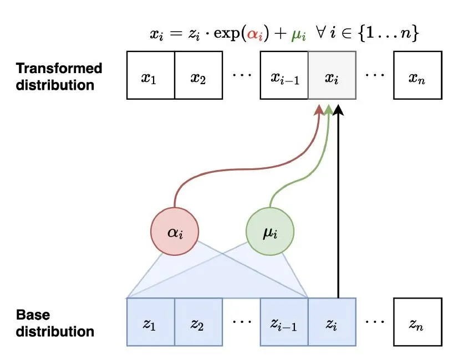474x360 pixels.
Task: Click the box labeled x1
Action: pos(150,75)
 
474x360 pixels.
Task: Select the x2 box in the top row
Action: pos(198,75)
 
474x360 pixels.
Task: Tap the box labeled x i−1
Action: pos(284,75)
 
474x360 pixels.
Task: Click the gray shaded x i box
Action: pos(332,75)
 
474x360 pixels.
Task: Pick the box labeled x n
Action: pos(417,75)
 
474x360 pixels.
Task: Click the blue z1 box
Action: pos(150,322)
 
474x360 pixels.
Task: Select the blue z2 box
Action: pos(198,322)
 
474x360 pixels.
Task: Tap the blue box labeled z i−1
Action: pos(284,322)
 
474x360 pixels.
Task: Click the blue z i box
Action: pos(332,322)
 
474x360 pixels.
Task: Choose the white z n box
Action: pos(417,322)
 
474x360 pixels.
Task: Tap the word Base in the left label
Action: pos(33,315)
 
